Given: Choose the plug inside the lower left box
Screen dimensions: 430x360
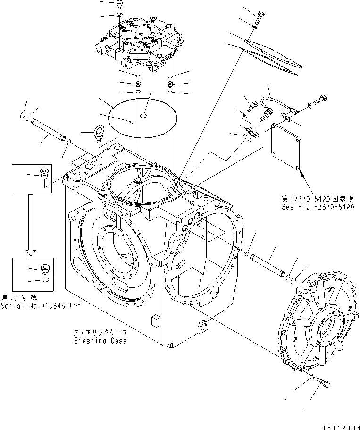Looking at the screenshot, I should (x=45, y=270).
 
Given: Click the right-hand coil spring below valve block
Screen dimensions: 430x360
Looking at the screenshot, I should (x=170, y=84).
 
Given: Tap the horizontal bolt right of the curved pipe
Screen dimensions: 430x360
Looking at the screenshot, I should (x=323, y=101).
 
